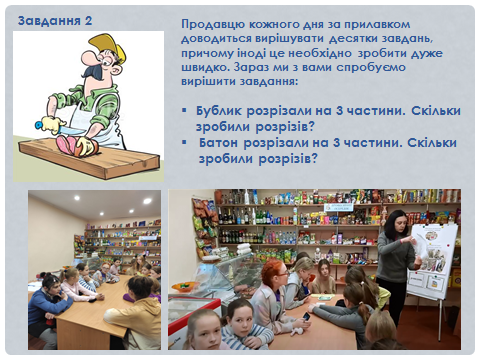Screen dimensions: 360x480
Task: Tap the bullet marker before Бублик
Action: (184, 117)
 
